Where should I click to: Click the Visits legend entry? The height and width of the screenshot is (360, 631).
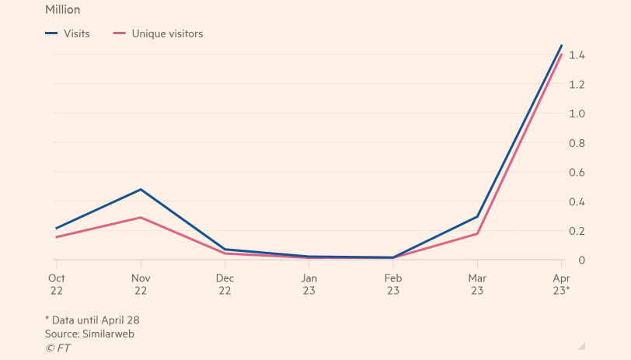tap(68, 33)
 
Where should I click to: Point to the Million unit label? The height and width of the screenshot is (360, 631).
tap(62, 10)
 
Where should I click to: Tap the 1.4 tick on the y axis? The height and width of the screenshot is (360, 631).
tap(577, 55)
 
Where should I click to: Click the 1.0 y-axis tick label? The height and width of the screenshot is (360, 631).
tap(577, 114)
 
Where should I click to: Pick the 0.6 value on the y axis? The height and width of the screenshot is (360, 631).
tap(577, 173)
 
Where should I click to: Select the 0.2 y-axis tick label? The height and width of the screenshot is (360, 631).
tap(577, 231)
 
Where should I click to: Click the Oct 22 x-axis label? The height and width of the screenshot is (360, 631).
tap(57, 285)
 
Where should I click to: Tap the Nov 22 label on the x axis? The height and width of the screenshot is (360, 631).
tap(141, 285)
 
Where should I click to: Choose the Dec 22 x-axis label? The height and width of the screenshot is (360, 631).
tap(225, 285)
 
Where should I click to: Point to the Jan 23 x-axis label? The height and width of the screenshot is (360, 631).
tap(309, 285)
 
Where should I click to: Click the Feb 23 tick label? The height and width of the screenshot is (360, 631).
tap(393, 285)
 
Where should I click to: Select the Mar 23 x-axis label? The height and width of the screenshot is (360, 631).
tap(477, 285)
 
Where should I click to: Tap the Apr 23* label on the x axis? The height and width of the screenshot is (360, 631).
tap(561, 285)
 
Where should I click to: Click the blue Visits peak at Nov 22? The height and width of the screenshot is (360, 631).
tap(141, 189)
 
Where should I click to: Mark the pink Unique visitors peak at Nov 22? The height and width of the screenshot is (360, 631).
tap(141, 217)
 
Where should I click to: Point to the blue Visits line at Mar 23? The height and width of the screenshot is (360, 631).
tap(477, 216)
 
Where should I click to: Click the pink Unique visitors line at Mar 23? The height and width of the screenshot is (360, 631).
tap(477, 233)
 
